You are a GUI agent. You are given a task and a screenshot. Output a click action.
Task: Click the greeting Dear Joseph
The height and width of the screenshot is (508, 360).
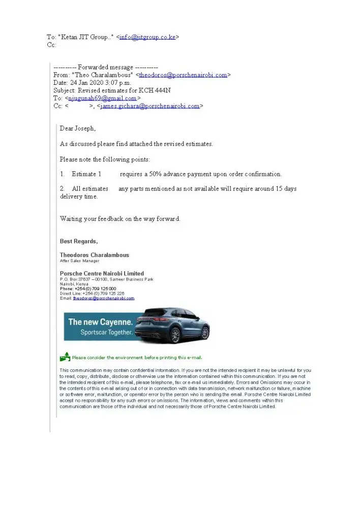coord(77,128)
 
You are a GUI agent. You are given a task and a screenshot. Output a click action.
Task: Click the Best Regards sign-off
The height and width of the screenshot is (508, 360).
coord(79,241)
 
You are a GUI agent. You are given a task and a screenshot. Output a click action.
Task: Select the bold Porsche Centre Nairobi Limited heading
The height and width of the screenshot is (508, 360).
coord(102,273)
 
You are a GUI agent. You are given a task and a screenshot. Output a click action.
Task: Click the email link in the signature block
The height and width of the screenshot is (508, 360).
coord(103,298)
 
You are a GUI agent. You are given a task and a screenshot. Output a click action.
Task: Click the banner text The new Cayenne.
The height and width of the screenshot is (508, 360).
coord(101,322)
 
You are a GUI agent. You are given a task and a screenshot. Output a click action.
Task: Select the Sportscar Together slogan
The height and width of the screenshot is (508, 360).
coord(107,333)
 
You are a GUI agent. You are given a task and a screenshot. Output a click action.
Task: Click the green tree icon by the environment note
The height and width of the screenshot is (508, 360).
coord(65,357)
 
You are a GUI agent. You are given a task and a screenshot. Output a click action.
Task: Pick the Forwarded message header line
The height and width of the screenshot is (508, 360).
coord(106,67)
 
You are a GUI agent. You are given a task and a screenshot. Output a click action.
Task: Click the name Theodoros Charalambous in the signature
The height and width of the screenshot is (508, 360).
coord(95,255)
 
